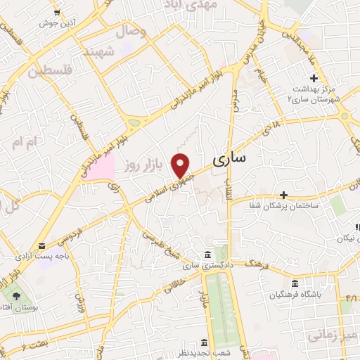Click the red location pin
coord(181,164)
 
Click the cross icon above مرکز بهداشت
coord(314,78)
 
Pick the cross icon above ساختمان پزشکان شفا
coord(283,194)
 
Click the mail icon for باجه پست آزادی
coord(44,246)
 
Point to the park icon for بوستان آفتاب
coord(18,295)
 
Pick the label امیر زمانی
coord(338,335)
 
